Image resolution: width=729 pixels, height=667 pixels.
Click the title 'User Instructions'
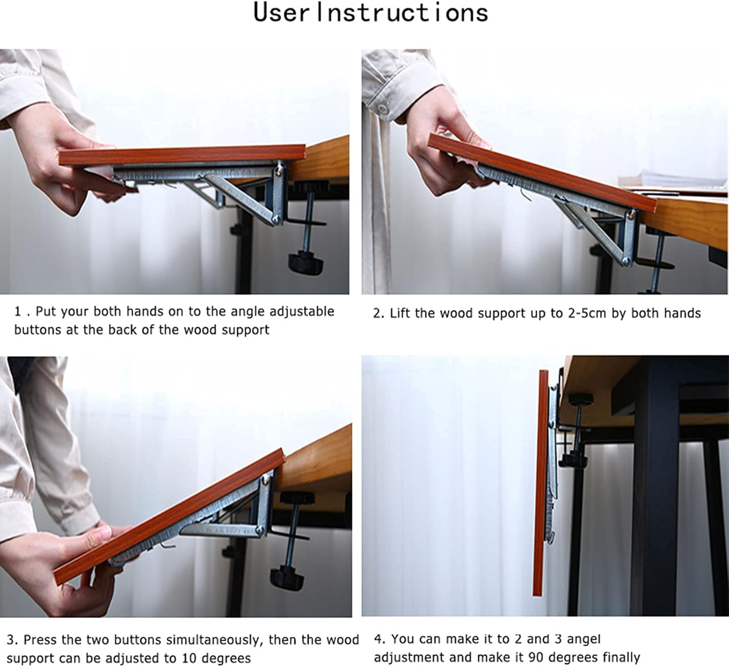[x=370, y=13]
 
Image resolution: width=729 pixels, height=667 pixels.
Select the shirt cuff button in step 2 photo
[x=382, y=108]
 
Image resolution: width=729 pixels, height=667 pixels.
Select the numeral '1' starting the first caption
[x=18, y=311]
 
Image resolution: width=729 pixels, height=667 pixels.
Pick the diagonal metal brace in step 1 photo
[x=238, y=197]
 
